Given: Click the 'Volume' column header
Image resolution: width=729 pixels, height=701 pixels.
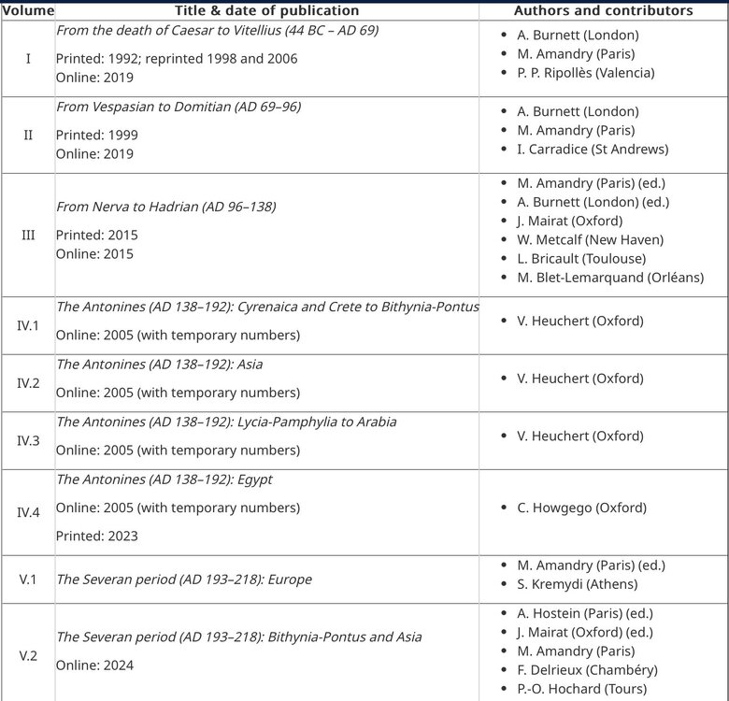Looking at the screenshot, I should pyautogui.click(x=27, y=10).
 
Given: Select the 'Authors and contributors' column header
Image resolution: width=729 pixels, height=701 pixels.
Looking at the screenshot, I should pyautogui.click(x=603, y=10).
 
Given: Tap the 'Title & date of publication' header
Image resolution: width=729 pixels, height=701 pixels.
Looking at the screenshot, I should pyautogui.click(x=266, y=10).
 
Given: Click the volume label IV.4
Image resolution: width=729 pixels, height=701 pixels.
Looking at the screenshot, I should pyautogui.click(x=28, y=512).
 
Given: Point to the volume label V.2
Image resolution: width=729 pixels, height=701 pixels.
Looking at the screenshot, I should pyautogui.click(x=28, y=655).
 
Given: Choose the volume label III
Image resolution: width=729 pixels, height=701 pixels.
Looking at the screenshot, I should pyautogui.click(x=28, y=235).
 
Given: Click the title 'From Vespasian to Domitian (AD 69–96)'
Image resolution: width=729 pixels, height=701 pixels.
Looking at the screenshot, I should pyautogui.click(x=179, y=107).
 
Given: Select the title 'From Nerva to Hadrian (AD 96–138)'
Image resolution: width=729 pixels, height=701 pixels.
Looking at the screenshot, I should pyautogui.click(x=166, y=207).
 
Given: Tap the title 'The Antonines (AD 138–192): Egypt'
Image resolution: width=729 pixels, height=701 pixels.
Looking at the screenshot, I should pyautogui.click(x=164, y=479).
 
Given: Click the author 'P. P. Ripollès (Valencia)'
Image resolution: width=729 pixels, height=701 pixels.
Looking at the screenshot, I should pyautogui.click(x=585, y=73).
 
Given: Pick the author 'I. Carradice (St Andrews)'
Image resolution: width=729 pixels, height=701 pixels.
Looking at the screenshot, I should pyautogui.click(x=593, y=149).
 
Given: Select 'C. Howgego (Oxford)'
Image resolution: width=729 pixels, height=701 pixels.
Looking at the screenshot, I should pyautogui.click(x=579, y=508).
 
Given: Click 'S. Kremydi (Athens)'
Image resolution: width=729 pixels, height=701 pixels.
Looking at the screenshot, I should pyautogui.click(x=577, y=584).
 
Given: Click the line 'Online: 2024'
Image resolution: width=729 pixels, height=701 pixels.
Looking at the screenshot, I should pyautogui.click(x=94, y=665).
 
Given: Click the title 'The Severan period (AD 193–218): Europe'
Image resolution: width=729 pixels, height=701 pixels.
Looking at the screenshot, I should pyautogui.click(x=184, y=579).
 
